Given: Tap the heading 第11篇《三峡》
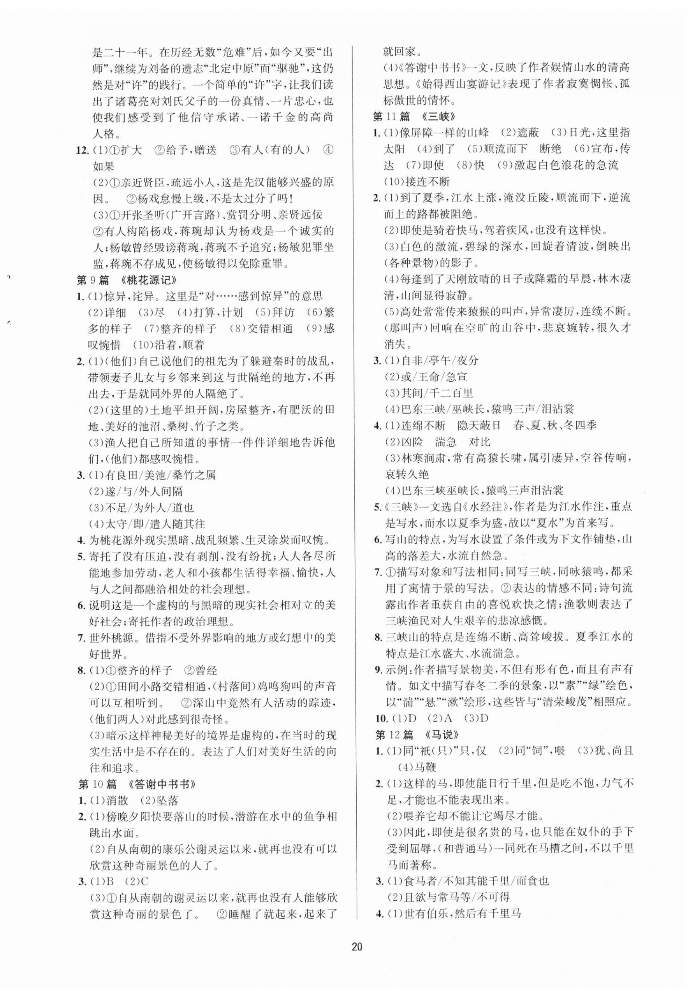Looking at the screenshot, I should point(412,116).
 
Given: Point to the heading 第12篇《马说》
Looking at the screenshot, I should point(412,735).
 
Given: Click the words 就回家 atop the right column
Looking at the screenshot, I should point(396,51).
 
